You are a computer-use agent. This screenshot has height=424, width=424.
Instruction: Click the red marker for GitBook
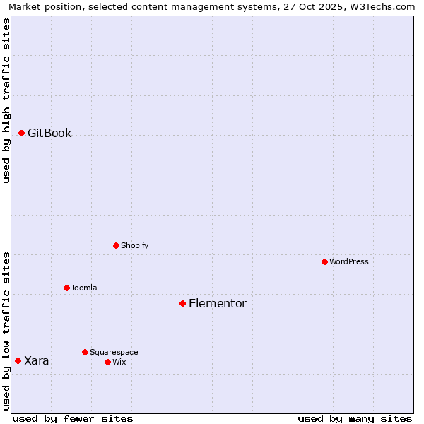point(21,133)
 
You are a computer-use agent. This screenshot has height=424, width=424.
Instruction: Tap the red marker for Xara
point(18,360)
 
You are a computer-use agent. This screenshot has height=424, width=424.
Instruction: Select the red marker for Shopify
point(116,245)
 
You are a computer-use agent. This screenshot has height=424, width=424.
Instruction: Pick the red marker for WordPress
point(324,261)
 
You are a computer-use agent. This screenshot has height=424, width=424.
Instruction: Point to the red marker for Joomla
point(66,288)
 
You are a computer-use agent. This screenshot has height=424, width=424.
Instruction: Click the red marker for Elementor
point(182,303)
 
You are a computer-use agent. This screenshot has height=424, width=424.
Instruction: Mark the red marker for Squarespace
point(85,352)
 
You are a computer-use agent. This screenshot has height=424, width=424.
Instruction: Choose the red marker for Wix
point(107,362)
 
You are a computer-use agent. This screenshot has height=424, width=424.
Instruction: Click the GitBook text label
point(49,133)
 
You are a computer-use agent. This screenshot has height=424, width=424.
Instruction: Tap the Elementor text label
point(217,303)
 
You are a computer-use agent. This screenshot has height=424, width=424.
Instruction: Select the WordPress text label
point(348,261)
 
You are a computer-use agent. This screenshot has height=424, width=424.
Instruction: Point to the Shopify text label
point(134,245)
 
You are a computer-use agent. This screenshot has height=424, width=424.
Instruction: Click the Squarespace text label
point(114,352)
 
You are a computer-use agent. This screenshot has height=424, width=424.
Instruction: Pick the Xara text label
point(37,360)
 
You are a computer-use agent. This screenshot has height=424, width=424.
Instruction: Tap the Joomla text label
point(84,288)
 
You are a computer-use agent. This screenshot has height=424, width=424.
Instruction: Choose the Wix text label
point(119,362)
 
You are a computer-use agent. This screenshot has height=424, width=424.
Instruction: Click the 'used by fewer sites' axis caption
point(73,418)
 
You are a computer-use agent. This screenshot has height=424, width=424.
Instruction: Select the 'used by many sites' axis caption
point(355,418)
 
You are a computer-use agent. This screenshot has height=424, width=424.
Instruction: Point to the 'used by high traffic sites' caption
point(6,100)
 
